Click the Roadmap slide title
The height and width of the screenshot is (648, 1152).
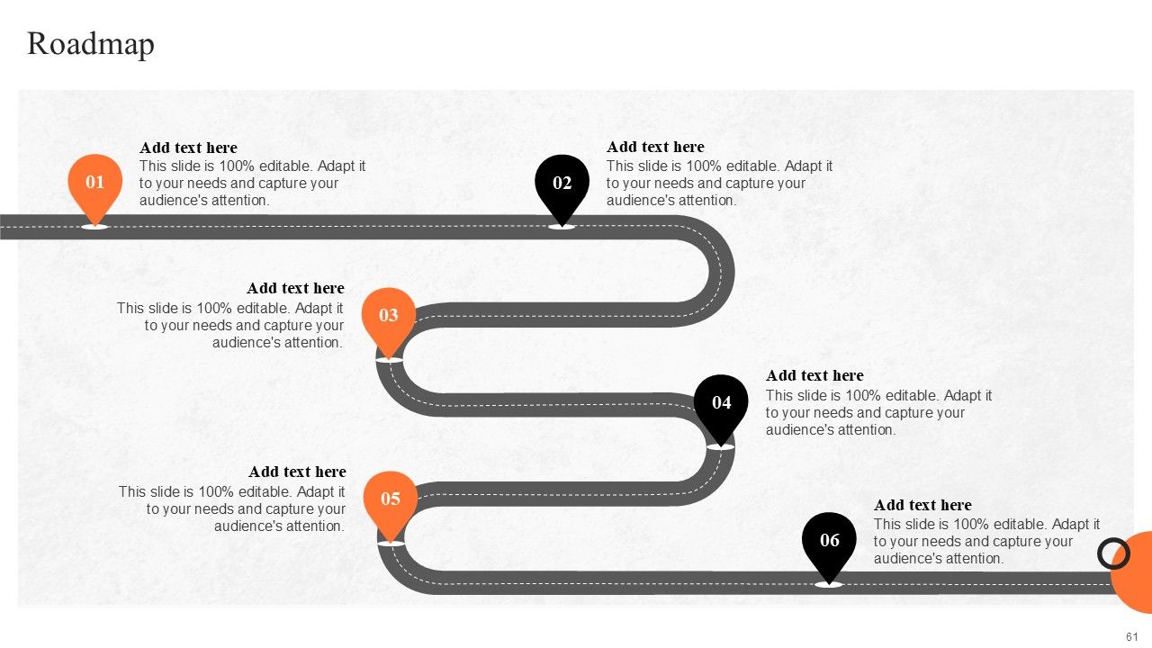coord(91,44)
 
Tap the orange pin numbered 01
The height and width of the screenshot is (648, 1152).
coord(94,183)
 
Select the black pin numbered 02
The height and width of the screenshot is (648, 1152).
coord(562,184)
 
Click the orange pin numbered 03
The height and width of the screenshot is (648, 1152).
coord(388,316)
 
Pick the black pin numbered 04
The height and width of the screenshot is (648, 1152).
coord(721,403)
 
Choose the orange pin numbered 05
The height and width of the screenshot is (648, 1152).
coord(390,499)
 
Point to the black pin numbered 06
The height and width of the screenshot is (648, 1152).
coord(829,541)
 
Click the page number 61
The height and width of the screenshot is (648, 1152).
coord(1132,636)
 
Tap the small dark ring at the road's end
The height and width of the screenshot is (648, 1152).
coord(1113,553)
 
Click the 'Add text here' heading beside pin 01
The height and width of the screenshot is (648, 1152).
coord(188,148)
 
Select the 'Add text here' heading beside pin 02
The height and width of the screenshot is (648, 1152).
coord(655,148)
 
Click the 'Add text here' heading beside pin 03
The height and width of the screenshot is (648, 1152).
coord(295,289)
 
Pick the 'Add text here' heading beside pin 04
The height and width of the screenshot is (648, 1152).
coord(814,376)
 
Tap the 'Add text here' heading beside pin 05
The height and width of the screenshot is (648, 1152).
coord(297,472)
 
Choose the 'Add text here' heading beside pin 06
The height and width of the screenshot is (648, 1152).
coord(922,506)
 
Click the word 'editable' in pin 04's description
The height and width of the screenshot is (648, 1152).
coord(911,396)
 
